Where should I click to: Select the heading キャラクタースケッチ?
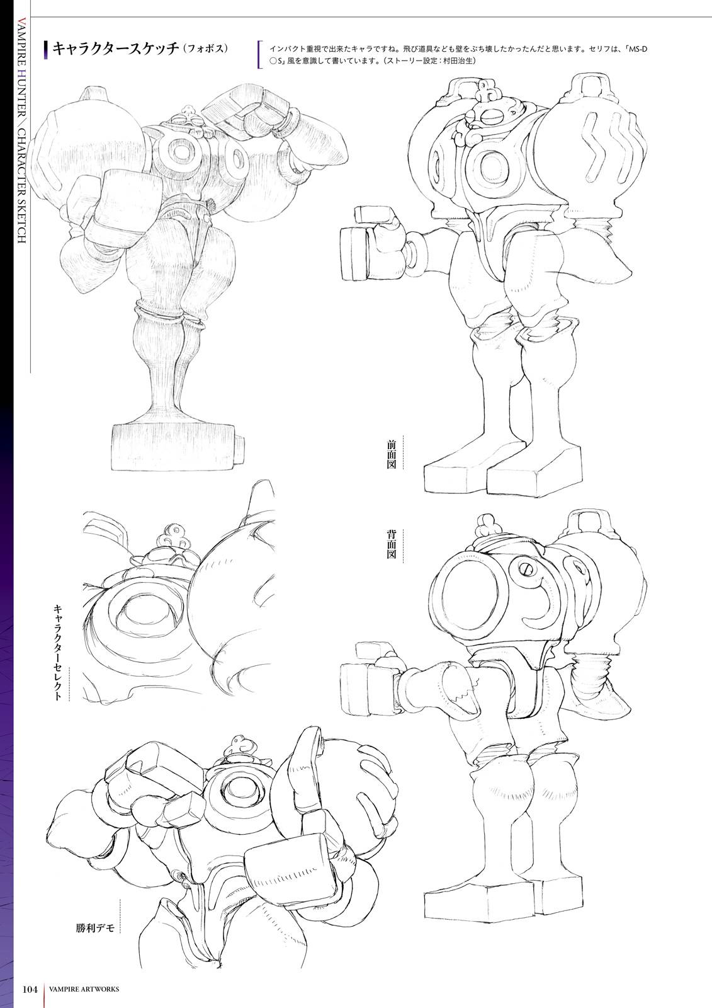pyautogui.click(x=116, y=49)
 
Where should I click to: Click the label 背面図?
pyautogui.click(x=391, y=544)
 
